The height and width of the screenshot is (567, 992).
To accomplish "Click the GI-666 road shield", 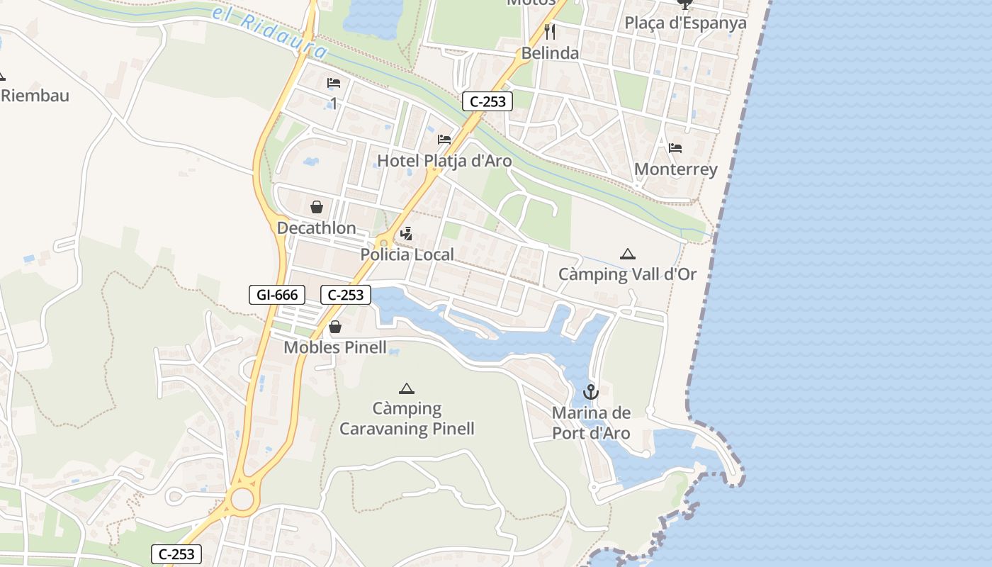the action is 277,295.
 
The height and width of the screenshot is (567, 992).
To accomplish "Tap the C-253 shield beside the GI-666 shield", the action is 346,295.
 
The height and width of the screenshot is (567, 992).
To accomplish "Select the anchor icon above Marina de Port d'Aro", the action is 591,392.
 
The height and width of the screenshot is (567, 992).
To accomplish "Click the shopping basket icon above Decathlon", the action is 317,207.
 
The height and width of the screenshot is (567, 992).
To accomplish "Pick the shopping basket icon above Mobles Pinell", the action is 335,327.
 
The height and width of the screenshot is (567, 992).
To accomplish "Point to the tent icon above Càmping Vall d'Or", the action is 627,254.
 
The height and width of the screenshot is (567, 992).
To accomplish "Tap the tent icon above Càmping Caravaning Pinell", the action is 406,388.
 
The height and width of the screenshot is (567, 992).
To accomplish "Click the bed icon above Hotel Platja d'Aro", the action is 444,139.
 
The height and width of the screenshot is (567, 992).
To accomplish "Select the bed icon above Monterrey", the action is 675,148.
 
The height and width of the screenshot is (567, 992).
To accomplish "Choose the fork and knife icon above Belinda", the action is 550,31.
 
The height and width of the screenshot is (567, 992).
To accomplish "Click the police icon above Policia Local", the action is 407,233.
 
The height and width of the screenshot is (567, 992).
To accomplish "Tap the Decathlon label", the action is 317,228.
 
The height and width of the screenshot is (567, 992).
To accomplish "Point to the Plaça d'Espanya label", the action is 685,23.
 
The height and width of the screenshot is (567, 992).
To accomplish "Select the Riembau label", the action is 35,95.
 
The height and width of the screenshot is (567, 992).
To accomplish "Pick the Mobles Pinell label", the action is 335,347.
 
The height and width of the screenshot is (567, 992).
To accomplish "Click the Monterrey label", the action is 676,169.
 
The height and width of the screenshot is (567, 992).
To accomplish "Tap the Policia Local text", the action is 407,254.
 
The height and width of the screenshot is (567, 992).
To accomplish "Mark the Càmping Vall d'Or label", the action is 628,274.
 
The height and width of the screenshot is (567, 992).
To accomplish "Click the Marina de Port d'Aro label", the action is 591,423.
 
